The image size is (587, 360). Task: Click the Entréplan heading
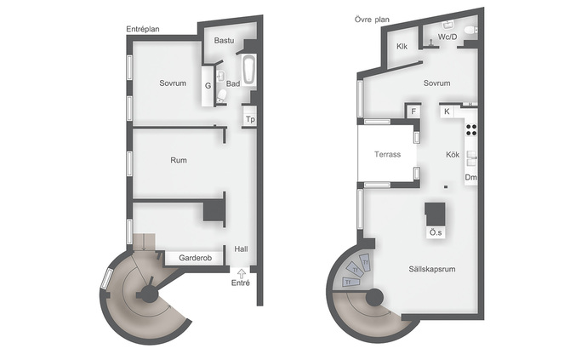click(143, 29)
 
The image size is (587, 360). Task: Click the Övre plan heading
click(372, 20)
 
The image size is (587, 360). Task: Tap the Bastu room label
click(225, 41)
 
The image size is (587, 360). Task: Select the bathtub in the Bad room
click(249, 70)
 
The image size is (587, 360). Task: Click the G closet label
click(208, 86)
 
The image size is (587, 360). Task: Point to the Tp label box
click(250, 119)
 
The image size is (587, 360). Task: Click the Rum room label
click(179, 160)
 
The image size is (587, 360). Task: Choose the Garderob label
click(195, 258)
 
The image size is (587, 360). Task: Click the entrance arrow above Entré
click(242, 273)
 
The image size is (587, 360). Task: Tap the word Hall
click(241, 249)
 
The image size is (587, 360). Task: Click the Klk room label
click(402, 47)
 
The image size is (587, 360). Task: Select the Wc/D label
click(447, 37)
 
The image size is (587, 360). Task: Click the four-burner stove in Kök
click(471, 129)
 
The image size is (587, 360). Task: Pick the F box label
click(413, 111)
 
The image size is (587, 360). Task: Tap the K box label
click(447, 111)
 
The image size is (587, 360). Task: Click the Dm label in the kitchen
click(471, 177)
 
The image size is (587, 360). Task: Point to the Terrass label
click(387, 154)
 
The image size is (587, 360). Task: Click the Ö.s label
click(436, 232)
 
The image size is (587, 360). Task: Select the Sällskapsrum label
click(432, 269)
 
